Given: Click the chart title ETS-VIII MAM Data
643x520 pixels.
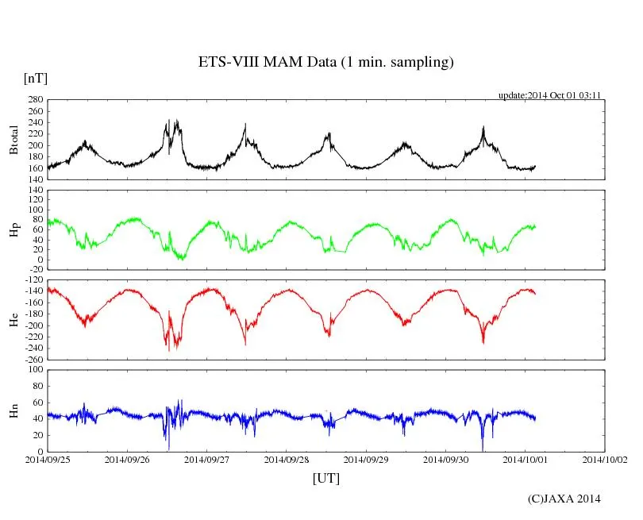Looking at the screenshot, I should click(x=325, y=63).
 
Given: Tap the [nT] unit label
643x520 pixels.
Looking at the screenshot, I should click(x=36, y=79).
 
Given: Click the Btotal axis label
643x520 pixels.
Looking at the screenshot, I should click(x=13, y=140).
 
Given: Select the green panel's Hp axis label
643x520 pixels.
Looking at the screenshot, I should click(x=13, y=230).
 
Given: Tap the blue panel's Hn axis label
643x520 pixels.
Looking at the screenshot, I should click(x=13, y=410).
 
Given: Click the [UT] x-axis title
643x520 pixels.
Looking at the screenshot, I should click(x=325, y=479).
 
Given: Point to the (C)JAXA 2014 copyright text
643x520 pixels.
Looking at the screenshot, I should click(x=564, y=499).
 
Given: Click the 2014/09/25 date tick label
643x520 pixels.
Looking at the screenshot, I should click(x=47, y=459).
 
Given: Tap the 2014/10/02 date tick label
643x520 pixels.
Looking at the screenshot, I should click(x=605, y=459).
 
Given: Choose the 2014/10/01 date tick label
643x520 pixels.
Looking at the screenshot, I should click(x=526, y=459).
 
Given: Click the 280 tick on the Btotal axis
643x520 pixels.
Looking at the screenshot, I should click(x=34, y=100).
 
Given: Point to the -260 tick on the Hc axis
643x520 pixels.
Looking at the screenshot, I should click(x=32, y=359).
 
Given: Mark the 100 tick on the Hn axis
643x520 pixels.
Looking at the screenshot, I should click(x=34, y=369).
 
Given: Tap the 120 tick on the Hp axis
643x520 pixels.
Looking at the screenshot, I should click(x=34, y=191).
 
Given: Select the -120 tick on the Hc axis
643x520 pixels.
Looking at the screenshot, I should click(x=32, y=280).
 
